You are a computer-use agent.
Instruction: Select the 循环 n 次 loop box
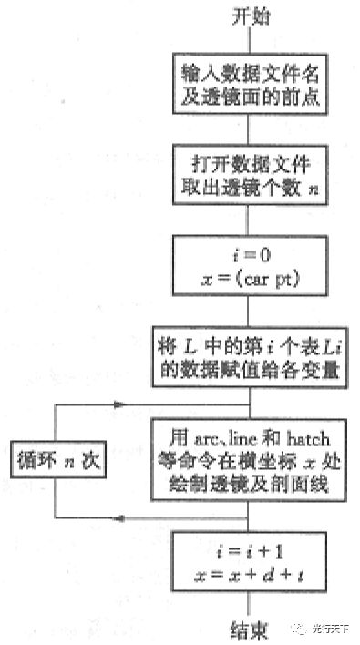click(56, 461)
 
